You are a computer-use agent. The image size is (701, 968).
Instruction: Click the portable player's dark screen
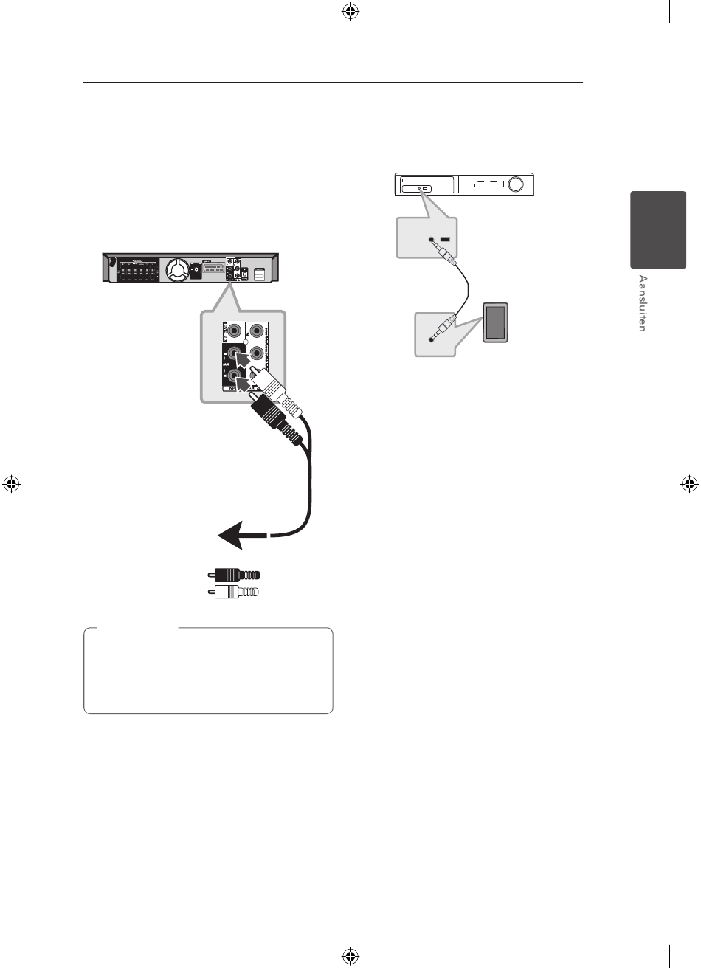pos(495,322)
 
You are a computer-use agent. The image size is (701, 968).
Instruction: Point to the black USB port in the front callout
pos(445,240)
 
